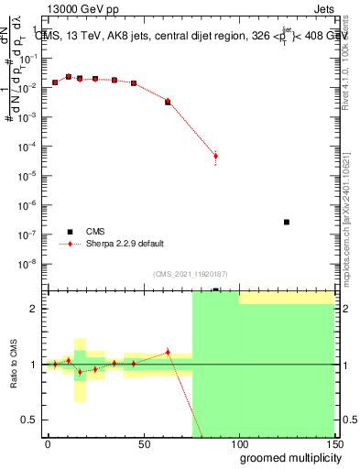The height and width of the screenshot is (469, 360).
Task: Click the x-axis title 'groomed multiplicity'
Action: click(x=286, y=457)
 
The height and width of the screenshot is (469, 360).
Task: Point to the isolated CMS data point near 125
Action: click(x=287, y=222)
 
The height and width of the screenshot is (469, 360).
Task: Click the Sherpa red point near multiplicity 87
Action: click(x=215, y=156)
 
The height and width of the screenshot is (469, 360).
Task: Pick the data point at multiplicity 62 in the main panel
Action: click(x=168, y=102)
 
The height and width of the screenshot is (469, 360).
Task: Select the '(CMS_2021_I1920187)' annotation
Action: click(x=190, y=273)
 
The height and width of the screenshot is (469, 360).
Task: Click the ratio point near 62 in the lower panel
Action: click(x=168, y=352)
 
